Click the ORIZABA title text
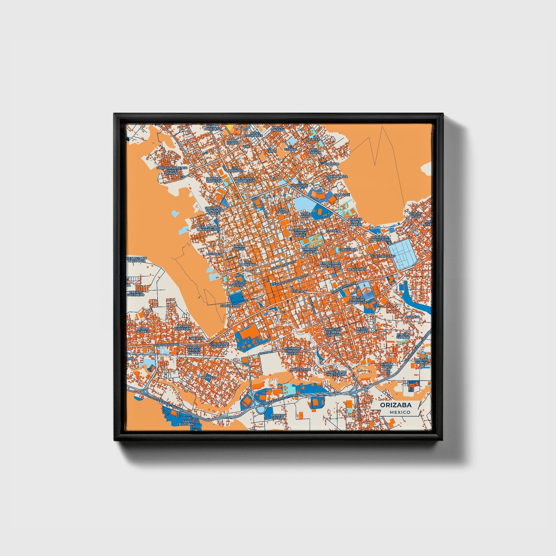coord(396,405)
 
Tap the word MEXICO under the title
coord(399,412)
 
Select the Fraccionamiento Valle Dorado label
coord(172,170)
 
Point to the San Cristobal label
coord(186,423)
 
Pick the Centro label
coord(298,291)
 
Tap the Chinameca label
coord(338,177)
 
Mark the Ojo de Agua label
coord(415,215)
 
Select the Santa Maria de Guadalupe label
coord(357,300)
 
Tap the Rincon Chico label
coord(387,366)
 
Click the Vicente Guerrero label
coord(135,293)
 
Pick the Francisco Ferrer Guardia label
coord(332,332)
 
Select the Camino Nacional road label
coord(166,345)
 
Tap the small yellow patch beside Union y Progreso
coord(229,126)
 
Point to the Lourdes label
coord(214,254)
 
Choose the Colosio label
coord(332,164)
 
